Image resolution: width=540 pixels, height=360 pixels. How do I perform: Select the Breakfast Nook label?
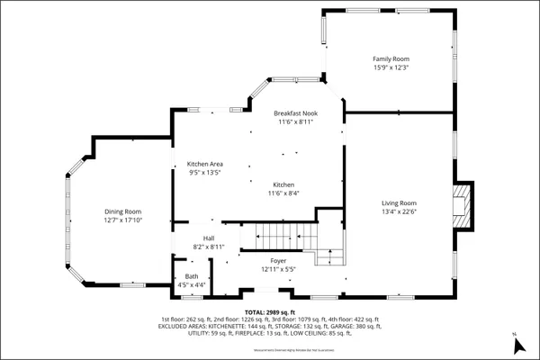click(296, 113)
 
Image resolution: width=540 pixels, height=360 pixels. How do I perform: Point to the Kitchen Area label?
click(204, 164)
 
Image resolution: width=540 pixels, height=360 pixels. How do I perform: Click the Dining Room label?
click(122, 211)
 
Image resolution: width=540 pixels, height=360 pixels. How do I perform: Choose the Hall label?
click(208, 238)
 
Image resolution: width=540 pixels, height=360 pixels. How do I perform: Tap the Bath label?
click(192, 276)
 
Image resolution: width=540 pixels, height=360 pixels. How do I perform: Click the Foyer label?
click(278, 260)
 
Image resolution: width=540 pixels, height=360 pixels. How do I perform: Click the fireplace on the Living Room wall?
click(463, 206)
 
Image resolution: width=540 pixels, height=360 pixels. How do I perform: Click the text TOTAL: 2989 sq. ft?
click(270, 310)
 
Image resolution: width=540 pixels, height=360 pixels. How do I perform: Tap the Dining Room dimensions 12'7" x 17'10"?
click(122, 220)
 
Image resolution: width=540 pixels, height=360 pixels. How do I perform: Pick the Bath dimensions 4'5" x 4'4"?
click(192, 285)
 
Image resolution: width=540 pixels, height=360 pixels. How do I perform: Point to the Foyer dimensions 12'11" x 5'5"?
click(278, 269)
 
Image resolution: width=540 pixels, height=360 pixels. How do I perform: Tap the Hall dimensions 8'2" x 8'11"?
click(208, 247)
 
